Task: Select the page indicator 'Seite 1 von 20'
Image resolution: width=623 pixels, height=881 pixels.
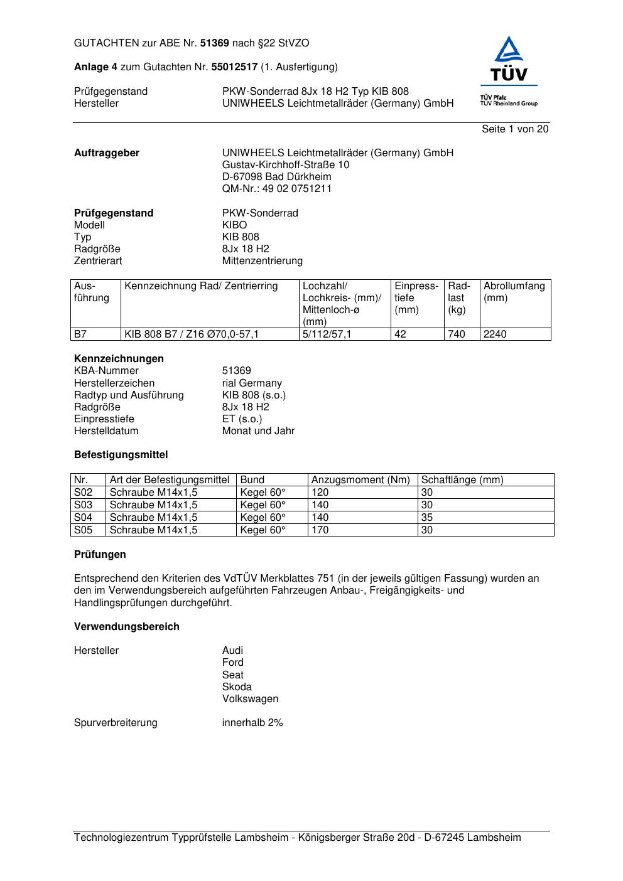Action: click(515, 129)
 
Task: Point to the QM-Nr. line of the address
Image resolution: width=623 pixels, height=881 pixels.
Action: click(277, 189)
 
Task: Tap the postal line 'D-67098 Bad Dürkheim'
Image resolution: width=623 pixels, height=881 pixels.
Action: click(277, 177)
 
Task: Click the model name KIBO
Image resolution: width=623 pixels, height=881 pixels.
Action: click(235, 225)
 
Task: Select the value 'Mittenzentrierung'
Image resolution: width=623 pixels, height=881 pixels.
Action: click(263, 261)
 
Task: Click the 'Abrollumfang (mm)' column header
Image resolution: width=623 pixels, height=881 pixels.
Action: click(514, 292)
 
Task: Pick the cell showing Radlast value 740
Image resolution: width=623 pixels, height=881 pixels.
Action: click(457, 334)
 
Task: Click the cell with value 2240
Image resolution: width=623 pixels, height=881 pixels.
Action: click(495, 334)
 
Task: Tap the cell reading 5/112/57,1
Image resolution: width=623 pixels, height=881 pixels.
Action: click(327, 334)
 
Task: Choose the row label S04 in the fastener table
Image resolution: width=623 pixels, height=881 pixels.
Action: click(84, 518)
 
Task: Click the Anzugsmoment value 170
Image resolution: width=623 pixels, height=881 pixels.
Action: click(320, 530)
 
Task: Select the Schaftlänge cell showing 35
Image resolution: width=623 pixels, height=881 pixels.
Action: click(427, 518)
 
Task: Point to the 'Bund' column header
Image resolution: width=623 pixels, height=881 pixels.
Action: click(252, 480)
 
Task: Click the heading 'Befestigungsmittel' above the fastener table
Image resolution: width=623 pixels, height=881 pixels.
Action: click(121, 455)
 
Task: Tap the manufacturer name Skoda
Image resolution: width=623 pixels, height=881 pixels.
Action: click(237, 687)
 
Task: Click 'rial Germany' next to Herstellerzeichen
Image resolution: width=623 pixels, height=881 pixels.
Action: click(252, 383)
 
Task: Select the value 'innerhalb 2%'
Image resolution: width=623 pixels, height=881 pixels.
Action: click(252, 723)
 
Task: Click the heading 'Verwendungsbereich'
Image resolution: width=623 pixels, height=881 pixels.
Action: click(127, 627)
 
